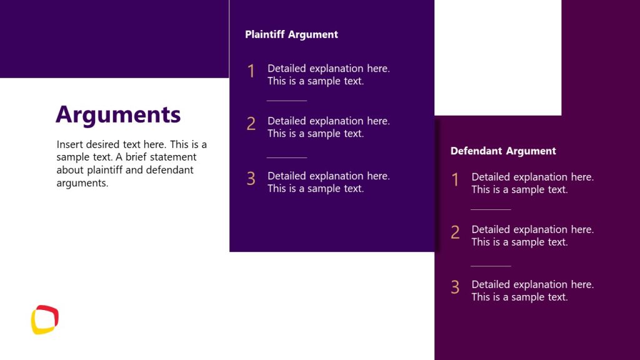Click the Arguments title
pyautogui.click(x=118, y=115)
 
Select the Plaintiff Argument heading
pyautogui.click(x=291, y=34)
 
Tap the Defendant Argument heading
pyautogui.click(x=503, y=151)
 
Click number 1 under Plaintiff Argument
pyautogui.click(x=251, y=71)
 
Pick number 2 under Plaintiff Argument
pyautogui.click(x=251, y=124)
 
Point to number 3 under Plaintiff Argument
pyautogui.click(x=251, y=179)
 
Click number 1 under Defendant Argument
pyautogui.click(x=455, y=180)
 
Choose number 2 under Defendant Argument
pyautogui.click(x=455, y=232)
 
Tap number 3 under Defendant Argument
pyautogui.click(x=455, y=287)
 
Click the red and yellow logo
pyautogui.click(x=45, y=319)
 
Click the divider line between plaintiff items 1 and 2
pyautogui.click(x=287, y=100)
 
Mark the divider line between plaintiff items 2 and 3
pyautogui.click(x=287, y=157)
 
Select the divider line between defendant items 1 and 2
pyautogui.click(x=491, y=209)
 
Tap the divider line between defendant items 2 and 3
pyautogui.click(x=491, y=266)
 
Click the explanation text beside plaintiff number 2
pyautogui.click(x=328, y=127)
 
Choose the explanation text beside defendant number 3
pyautogui.click(x=532, y=291)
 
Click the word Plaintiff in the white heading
pyautogui.click(x=266, y=34)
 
